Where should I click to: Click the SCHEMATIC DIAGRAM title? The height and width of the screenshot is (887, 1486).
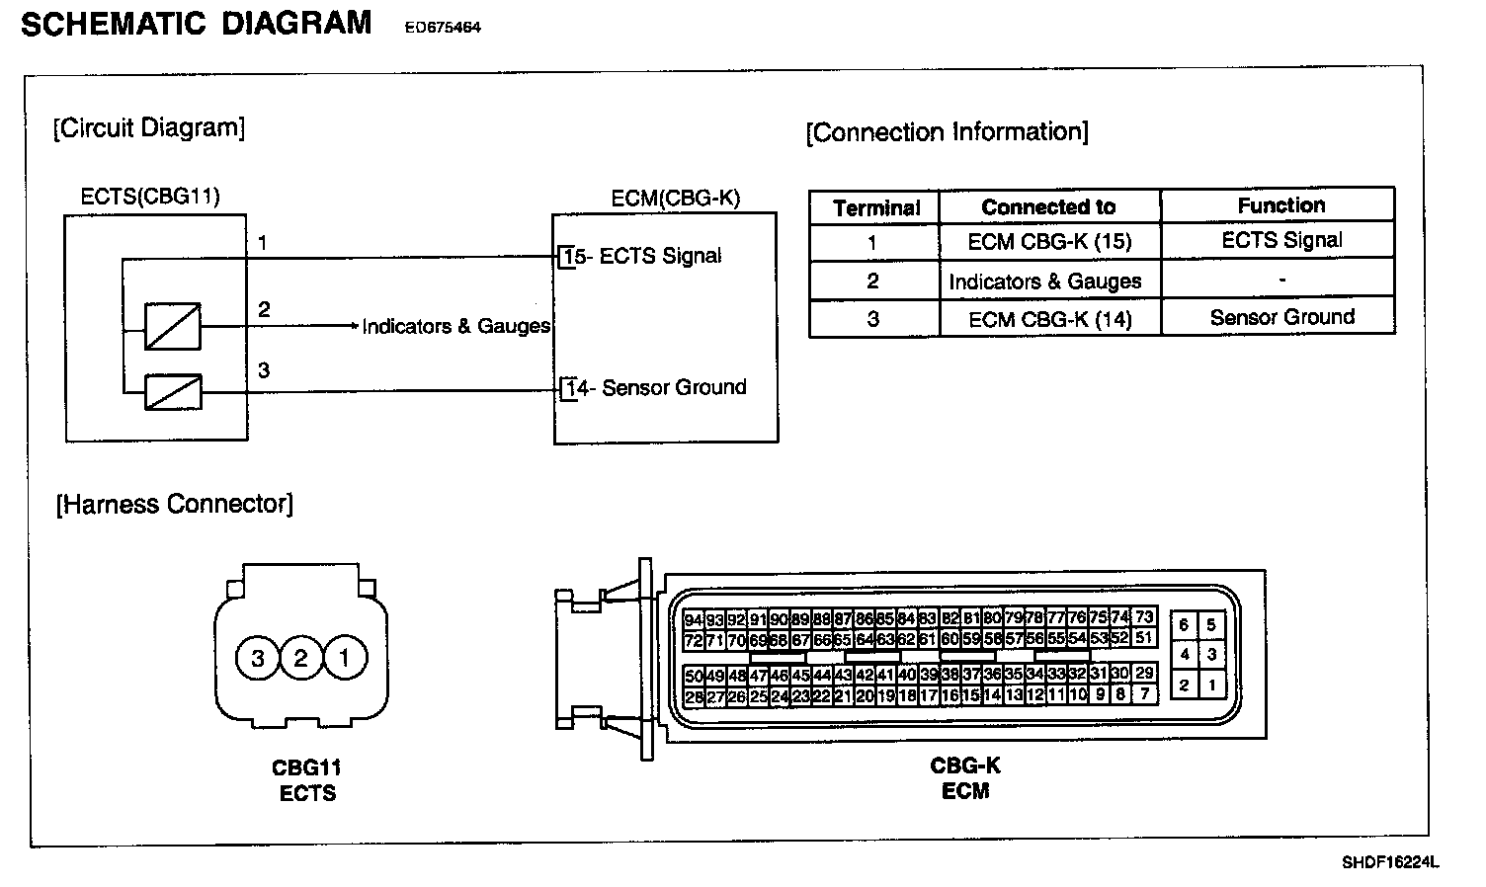[x=196, y=23]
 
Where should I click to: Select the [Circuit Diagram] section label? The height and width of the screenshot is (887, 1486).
[x=148, y=127]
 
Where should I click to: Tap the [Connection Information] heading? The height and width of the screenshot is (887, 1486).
[x=947, y=132]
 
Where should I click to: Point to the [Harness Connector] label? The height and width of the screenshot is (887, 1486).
[x=174, y=504]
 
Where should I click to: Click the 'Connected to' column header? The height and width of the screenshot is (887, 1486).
[x=1048, y=207]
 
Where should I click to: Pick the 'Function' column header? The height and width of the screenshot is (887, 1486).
[x=1280, y=205]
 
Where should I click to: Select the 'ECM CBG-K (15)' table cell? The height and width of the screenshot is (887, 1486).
[x=1049, y=242]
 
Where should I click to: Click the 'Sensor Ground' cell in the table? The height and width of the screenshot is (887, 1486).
[x=1281, y=317]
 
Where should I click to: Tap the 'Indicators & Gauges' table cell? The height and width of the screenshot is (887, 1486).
[x=1044, y=282]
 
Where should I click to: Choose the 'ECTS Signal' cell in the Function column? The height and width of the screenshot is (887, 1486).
[x=1281, y=240]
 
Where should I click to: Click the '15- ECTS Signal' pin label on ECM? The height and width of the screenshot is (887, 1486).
[x=641, y=257]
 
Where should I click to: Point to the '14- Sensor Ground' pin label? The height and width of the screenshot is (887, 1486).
[x=655, y=388]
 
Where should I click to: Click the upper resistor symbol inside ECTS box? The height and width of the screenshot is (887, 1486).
[x=173, y=326]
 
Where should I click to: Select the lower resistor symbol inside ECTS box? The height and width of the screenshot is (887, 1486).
[x=173, y=392]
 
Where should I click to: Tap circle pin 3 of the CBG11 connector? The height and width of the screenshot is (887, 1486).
[x=258, y=658]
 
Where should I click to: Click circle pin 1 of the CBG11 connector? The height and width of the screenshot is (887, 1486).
[x=344, y=658]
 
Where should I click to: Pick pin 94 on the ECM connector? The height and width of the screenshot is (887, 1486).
[x=693, y=620]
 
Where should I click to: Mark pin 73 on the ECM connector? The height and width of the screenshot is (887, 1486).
[x=1144, y=617]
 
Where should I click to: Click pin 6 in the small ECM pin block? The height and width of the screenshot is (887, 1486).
[x=1184, y=625]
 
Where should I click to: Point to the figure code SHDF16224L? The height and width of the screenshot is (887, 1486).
[x=1389, y=862]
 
